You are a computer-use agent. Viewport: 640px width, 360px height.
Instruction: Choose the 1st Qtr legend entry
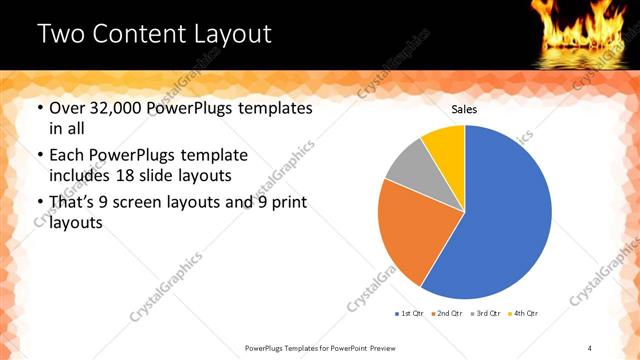click(x=409, y=314)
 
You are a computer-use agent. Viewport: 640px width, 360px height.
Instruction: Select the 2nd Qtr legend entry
click(x=446, y=314)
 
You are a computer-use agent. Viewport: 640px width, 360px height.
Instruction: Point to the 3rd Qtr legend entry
click(x=484, y=314)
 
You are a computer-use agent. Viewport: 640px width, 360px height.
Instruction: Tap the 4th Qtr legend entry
click(x=522, y=314)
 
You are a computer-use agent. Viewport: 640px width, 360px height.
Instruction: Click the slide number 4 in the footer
click(x=590, y=347)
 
